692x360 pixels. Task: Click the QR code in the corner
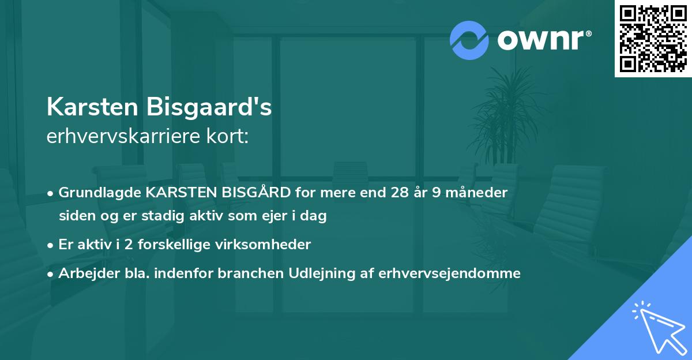click(653, 38)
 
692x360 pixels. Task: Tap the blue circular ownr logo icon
click(469, 40)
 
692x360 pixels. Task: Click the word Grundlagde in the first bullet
click(94, 193)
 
